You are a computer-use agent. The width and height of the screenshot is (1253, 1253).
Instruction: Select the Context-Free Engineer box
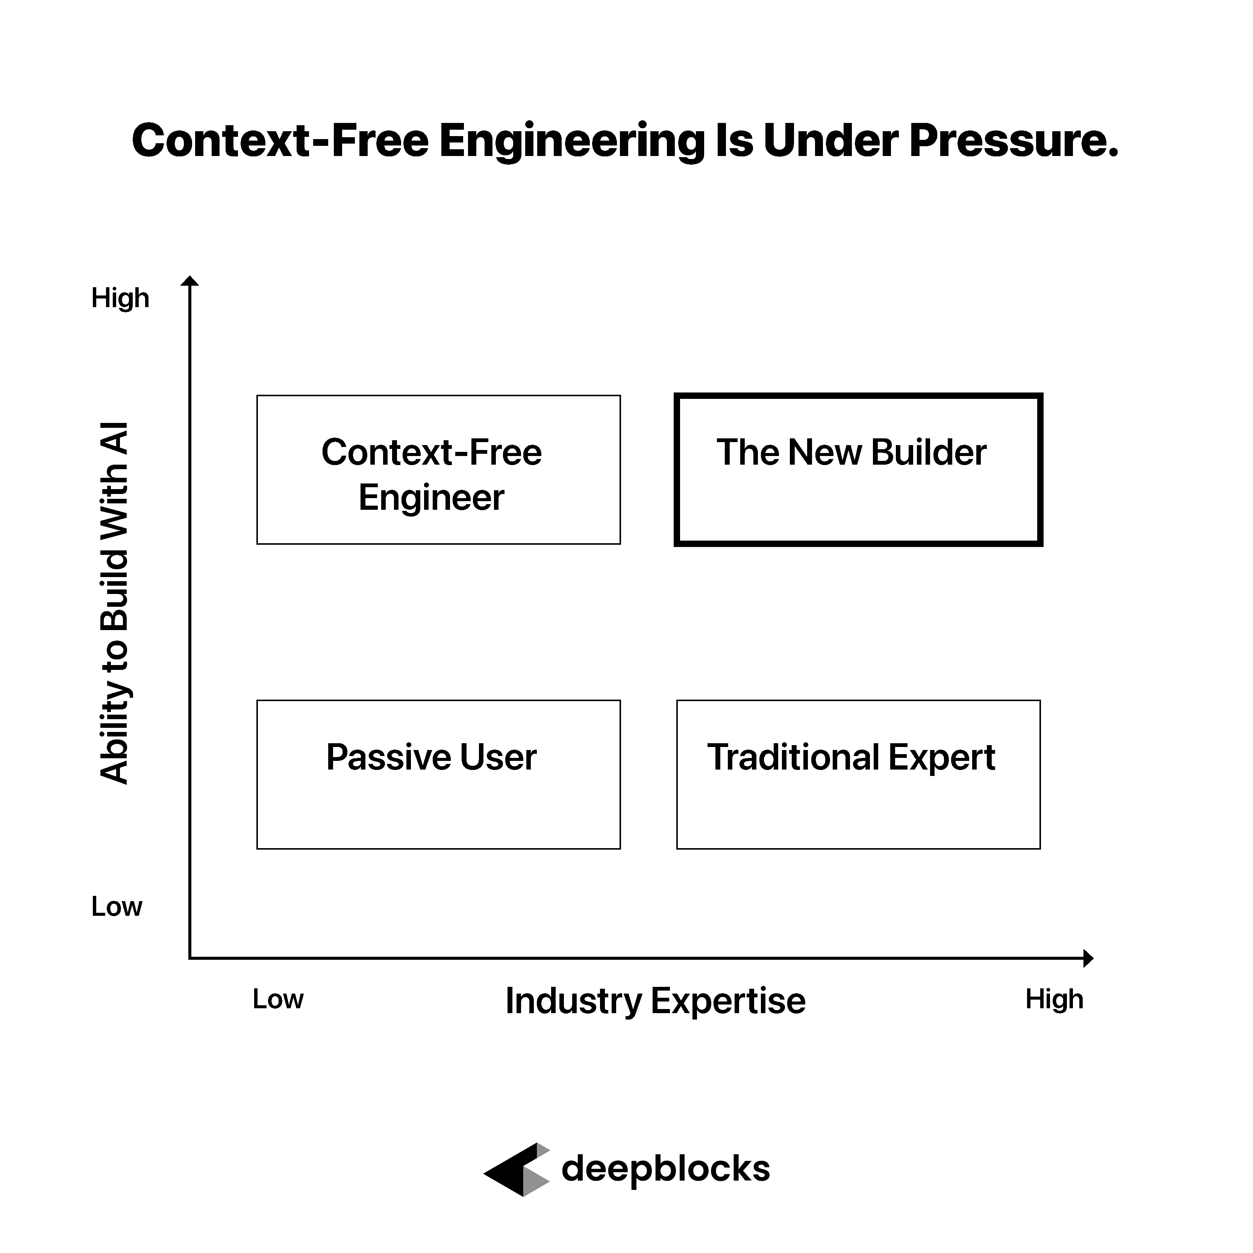(x=438, y=470)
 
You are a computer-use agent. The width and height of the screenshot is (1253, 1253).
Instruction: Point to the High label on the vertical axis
(x=120, y=298)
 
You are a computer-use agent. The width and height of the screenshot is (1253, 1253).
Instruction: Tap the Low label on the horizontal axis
(x=277, y=999)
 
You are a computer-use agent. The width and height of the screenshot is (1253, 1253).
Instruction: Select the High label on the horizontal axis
(x=1054, y=999)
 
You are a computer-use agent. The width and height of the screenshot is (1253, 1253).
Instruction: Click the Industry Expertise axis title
(x=655, y=1001)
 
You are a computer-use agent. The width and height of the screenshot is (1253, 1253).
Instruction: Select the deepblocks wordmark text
(x=665, y=1169)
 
